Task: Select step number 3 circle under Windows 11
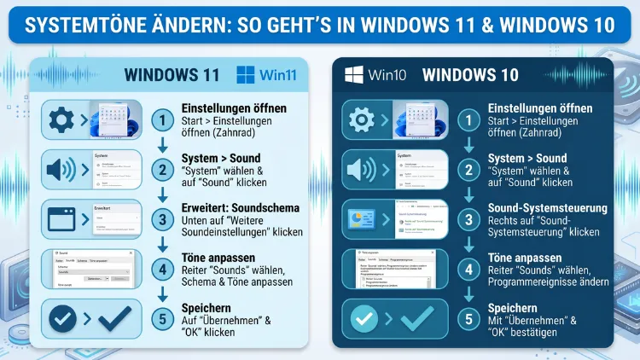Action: [163, 219]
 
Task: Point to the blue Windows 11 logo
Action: [246, 74]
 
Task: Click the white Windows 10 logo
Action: [355, 74]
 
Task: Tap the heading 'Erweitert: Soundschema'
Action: [240, 207]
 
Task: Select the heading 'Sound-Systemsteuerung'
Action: [546, 207]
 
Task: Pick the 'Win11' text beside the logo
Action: [279, 75]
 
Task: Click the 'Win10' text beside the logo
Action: [388, 74]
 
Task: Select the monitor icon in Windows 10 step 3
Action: [361, 219]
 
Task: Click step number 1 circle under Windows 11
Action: [163, 120]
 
